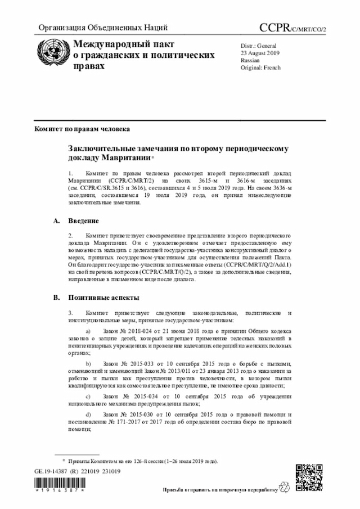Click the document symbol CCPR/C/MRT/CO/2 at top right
(292, 28)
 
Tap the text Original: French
(260, 67)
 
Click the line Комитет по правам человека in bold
(82, 129)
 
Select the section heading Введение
(84, 220)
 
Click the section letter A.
(56, 220)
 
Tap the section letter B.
(56, 298)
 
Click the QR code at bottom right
(309, 478)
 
